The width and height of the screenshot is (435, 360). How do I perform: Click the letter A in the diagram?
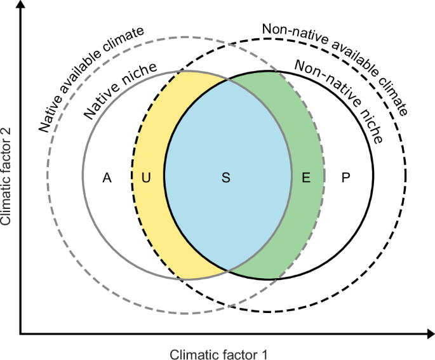tap(107, 178)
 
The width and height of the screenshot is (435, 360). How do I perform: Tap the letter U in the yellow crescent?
tap(146, 178)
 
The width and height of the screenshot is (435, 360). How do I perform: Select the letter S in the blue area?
tap(225, 178)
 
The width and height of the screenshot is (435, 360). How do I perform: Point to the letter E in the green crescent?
tap(306, 178)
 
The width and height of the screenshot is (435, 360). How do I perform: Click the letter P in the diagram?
tap(345, 178)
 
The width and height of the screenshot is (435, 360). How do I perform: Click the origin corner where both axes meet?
tap(22, 332)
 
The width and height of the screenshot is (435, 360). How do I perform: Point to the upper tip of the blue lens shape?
tap(227, 80)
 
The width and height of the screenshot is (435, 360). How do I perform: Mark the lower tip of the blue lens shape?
tap(227, 270)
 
